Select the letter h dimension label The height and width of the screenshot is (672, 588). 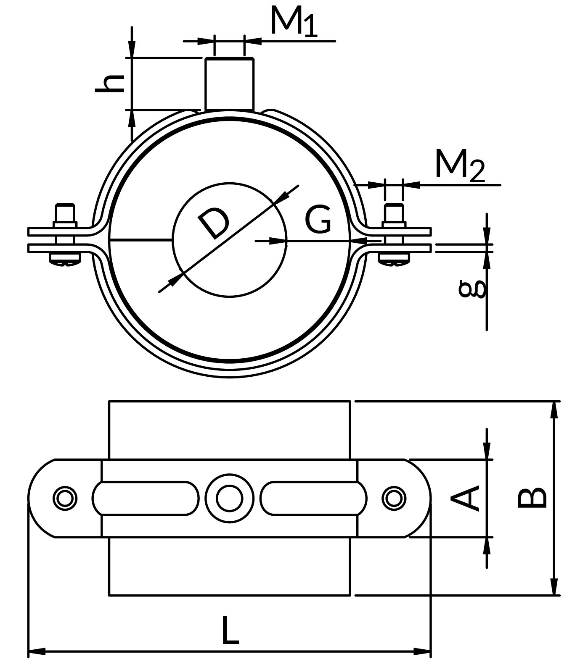coord(110,83)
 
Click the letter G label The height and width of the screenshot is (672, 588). coord(318,219)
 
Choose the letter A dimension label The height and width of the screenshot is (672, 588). coord(465,498)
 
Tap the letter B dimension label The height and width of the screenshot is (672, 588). coord(532,498)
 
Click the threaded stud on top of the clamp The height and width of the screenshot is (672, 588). coord(229,84)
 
